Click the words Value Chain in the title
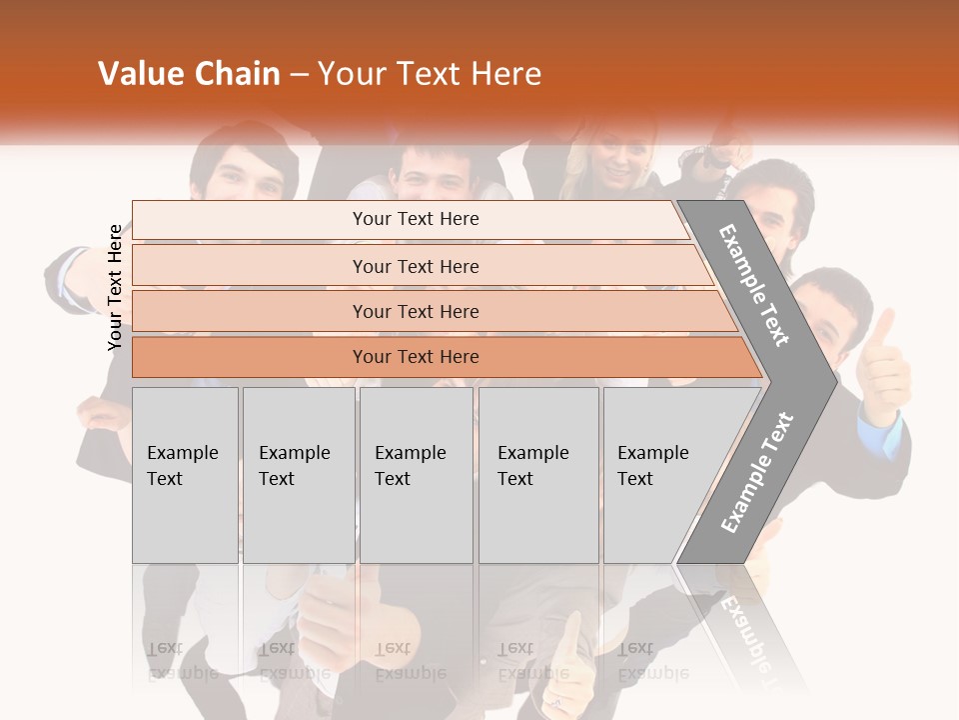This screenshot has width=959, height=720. [189, 74]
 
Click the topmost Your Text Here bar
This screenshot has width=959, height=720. [415, 219]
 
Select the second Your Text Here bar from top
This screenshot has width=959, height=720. [415, 266]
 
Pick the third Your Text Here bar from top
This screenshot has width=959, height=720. [415, 311]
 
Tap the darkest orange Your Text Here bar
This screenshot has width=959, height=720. [415, 357]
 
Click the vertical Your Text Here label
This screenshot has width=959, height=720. [116, 287]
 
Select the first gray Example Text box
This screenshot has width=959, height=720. [185, 474]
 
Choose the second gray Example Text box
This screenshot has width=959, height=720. [298, 474]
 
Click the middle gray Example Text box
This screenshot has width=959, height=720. [416, 474]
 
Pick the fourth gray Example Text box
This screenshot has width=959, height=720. [537, 474]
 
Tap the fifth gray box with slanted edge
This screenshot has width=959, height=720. [659, 474]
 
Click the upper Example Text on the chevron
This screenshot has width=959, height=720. [755, 285]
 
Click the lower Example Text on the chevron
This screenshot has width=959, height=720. [756, 473]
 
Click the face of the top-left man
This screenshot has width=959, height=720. [242, 175]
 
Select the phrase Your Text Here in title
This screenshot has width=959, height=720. [430, 74]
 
